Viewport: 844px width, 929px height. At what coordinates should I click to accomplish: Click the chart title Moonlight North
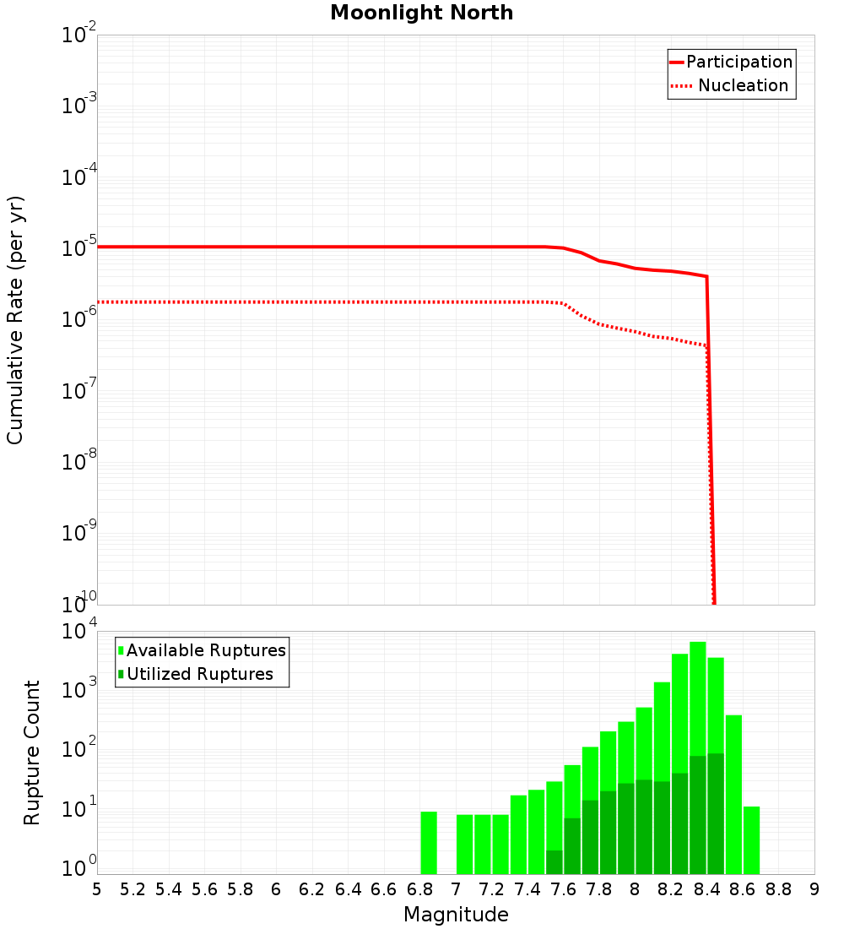pyautogui.click(x=421, y=13)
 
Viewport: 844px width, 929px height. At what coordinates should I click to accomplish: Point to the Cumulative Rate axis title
pyautogui.click(x=15, y=319)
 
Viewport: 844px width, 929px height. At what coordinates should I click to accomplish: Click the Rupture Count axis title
pyautogui.click(x=32, y=752)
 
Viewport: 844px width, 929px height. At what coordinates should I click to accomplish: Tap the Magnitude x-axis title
pyautogui.click(x=456, y=915)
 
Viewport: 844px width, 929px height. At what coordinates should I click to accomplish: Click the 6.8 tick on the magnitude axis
pyautogui.click(x=419, y=888)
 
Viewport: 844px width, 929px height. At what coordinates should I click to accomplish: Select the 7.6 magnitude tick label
pyautogui.click(x=563, y=888)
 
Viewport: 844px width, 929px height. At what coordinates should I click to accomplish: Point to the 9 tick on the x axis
pyautogui.click(x=814, y=888)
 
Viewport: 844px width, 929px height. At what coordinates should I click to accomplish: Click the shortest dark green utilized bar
pyautogui.click(x=555, y=862)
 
